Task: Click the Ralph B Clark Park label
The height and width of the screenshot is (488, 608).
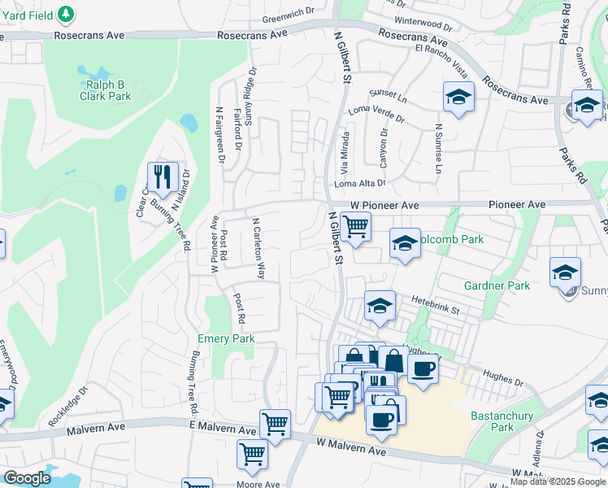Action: tap(105, 89)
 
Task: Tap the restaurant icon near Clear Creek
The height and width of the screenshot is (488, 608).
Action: tap(163, 177)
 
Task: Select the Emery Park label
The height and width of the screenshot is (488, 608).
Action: tap(227, 338)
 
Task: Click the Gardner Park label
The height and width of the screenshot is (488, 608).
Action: tap(497, 285)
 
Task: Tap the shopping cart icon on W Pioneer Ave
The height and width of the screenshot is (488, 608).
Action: tap(355, 226)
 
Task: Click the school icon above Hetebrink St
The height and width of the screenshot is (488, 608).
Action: tap(380, 306)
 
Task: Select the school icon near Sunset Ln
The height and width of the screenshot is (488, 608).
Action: tap(458, 97)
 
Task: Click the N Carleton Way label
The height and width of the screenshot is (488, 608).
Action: tap(258, 248)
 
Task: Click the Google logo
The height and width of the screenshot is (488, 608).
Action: tap(27, 478)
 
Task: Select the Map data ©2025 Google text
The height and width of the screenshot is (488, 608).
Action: tap(558, 481)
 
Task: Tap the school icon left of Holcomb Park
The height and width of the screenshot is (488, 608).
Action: tap(405, 242)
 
